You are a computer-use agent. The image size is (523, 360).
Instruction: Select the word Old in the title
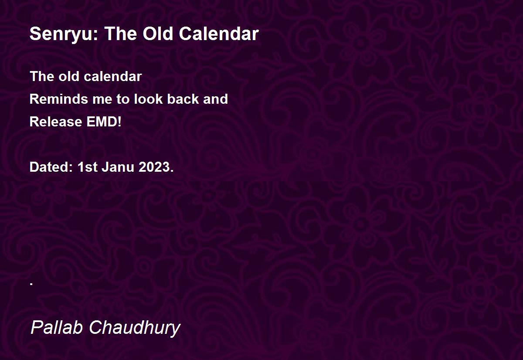(158, 34)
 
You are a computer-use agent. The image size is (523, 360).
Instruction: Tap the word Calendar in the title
(219, 34)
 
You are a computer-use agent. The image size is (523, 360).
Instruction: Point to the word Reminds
(58, 99)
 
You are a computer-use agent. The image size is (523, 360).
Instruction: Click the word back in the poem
(183, 99)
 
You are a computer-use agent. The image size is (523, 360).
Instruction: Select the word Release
(56, 122)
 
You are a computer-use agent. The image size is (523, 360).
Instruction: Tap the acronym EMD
(102, 122)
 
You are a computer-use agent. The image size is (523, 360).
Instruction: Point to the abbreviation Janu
(118, 167)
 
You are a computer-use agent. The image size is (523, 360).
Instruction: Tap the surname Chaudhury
(135, 328)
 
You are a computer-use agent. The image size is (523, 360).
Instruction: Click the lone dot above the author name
(31, 284)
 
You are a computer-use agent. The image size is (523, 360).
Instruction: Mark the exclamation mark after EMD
(119, 122)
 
